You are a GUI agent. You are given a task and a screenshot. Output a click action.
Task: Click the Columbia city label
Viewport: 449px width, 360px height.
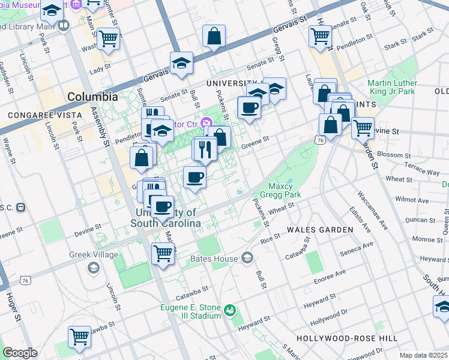tap(92, 96)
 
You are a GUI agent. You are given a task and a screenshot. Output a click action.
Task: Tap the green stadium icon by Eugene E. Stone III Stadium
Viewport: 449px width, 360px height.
tap(229, 310)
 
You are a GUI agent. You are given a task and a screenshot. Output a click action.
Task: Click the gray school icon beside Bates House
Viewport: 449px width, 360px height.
tap(247, 258)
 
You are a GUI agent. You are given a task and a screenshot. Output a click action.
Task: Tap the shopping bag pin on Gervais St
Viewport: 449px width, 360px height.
tap(214, 37)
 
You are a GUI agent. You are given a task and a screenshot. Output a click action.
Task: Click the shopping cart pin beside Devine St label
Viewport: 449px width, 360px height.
tap(363, 127)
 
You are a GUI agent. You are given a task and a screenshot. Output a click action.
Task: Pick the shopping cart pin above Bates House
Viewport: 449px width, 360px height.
tap(163, 253)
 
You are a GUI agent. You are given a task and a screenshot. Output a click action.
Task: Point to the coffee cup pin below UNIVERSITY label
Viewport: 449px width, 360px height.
tap(249, 108)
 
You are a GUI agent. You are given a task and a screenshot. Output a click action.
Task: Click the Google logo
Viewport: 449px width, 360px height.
tap(20, 353)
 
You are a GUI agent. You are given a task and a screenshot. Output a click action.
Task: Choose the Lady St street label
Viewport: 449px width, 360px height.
tap(97, 71)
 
